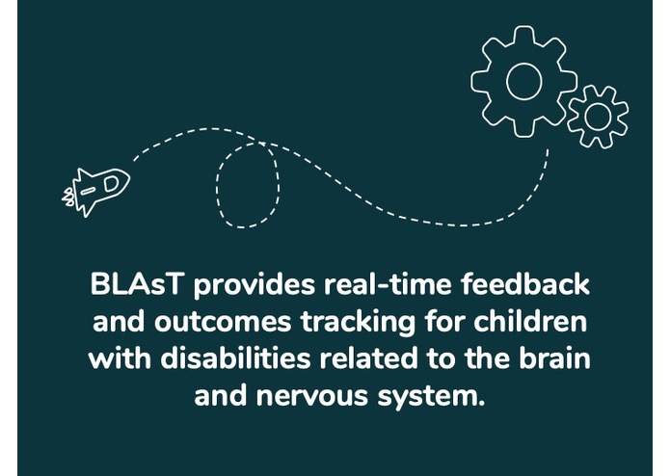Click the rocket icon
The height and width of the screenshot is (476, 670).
99,189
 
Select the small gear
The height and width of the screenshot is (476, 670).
598,117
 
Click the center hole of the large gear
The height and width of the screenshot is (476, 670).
523,81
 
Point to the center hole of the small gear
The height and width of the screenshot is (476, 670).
598,117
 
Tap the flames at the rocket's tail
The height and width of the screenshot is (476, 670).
70,198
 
